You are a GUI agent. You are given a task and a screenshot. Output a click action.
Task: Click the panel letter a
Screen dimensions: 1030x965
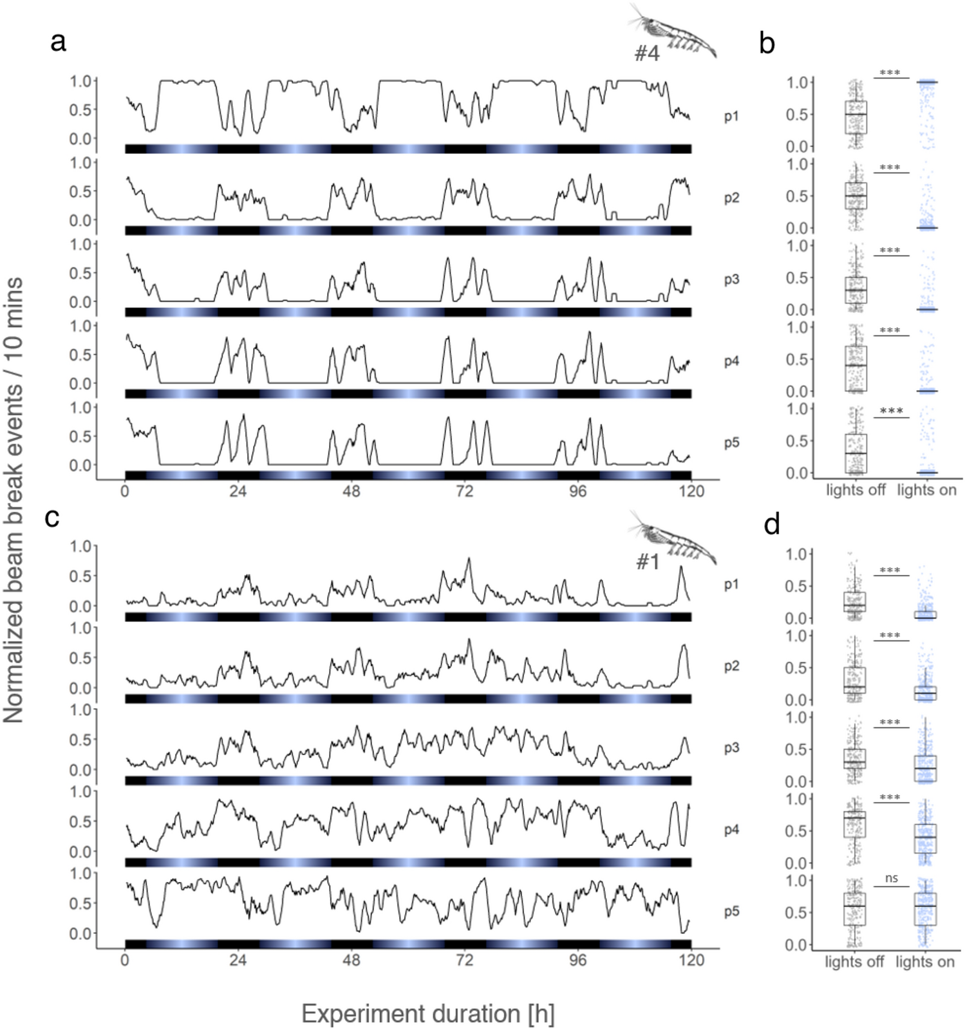coord(58,42)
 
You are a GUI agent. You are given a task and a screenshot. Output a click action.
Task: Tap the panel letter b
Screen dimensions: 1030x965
coord(767,44)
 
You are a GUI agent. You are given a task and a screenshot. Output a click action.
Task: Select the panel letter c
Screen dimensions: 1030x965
coord(52,517)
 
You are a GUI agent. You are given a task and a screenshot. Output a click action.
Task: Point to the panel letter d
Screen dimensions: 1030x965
coord(771,524)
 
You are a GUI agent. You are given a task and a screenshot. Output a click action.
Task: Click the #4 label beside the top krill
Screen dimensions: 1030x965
coord(647,53)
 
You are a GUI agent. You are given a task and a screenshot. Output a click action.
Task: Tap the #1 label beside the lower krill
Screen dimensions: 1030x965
coord(648,562)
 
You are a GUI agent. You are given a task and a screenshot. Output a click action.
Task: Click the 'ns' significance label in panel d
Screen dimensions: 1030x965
coord(891,878)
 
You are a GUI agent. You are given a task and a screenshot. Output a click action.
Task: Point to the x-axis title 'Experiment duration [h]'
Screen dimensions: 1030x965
coord(427,1014)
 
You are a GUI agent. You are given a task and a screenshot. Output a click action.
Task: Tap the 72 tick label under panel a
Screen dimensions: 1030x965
coord(464,492)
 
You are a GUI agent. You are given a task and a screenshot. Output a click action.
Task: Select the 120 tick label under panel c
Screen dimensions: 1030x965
coord(691,960)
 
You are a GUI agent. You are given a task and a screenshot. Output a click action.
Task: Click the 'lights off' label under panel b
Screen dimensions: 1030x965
coord(856,490)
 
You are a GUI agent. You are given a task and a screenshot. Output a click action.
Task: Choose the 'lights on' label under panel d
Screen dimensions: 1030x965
coord(924,962)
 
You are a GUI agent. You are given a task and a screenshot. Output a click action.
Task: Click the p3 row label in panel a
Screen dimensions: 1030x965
coord(731,279)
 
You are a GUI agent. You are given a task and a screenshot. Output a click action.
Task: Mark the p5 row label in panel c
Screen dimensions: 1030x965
coord(731,912)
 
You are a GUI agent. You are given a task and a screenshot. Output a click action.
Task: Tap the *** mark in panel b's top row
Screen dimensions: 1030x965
coord(890,73)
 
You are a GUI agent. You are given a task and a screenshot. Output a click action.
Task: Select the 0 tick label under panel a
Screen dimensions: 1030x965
coord(125,492)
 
